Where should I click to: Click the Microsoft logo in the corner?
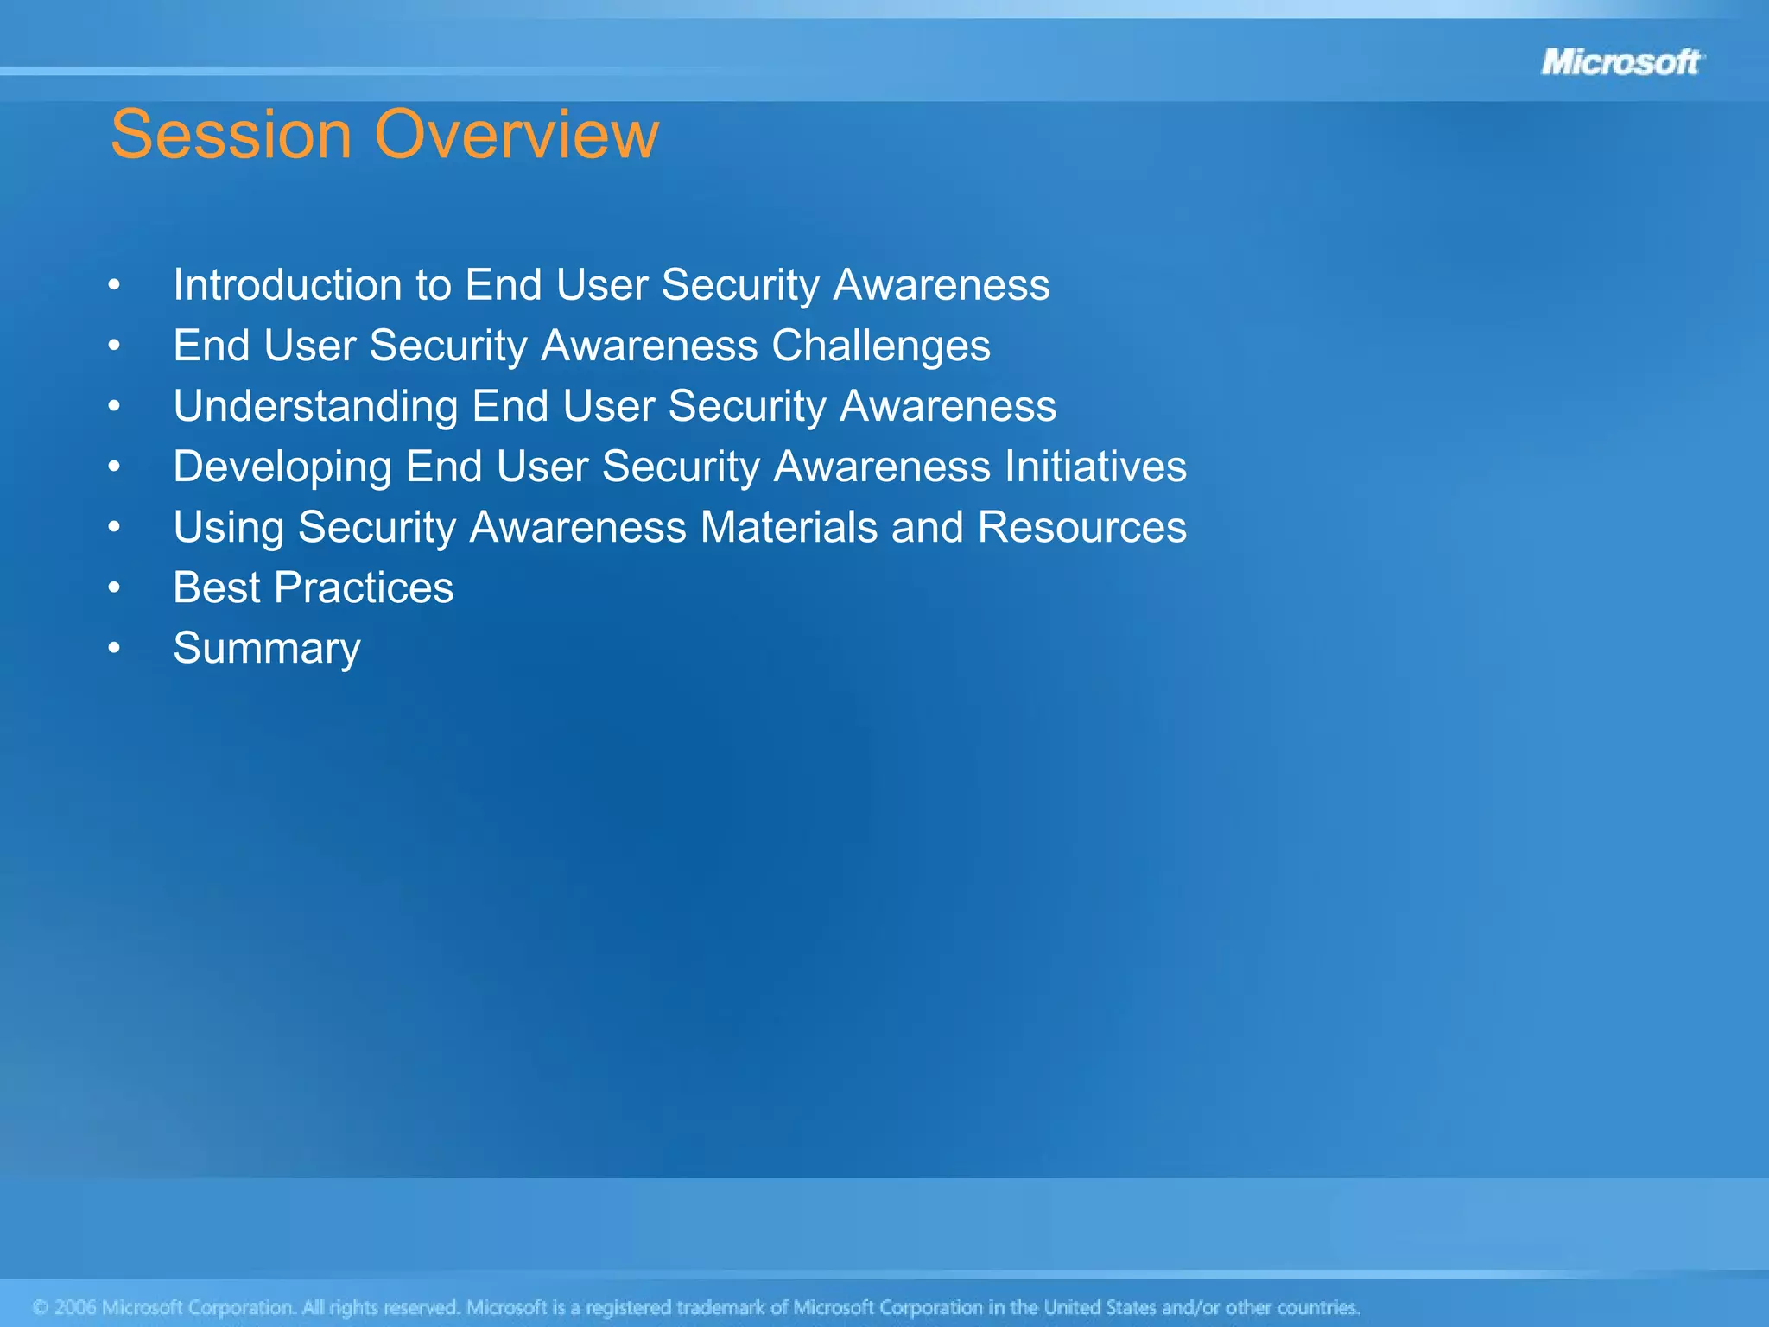(1620, 62)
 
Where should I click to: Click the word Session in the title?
(231, 135)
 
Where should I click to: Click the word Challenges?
(880, 346)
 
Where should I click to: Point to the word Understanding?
(315, 406)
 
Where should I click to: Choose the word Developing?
(282, 467)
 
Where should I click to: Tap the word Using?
(229, 527)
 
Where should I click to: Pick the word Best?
(216, 587)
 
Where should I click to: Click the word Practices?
(364, 587)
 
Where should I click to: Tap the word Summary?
(267, 649)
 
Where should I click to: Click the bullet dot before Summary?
(114, 648)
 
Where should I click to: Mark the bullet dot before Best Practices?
(114, 587)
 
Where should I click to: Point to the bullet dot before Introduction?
(114, 284)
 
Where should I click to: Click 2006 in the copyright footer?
(75, 1307)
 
